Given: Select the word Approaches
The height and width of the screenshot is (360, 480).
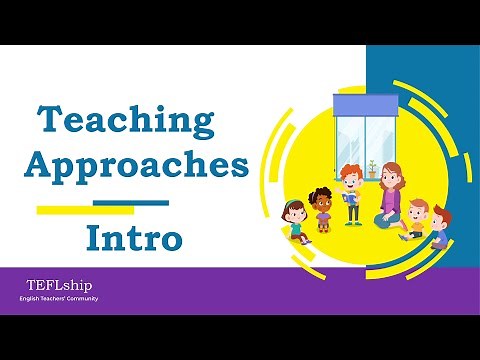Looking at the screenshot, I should [137, 165].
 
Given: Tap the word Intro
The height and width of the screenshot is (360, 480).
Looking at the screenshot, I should [133, 239].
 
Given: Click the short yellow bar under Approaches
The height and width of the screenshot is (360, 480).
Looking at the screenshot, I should [85, 210].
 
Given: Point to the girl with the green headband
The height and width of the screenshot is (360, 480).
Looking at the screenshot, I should [296, 222].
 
